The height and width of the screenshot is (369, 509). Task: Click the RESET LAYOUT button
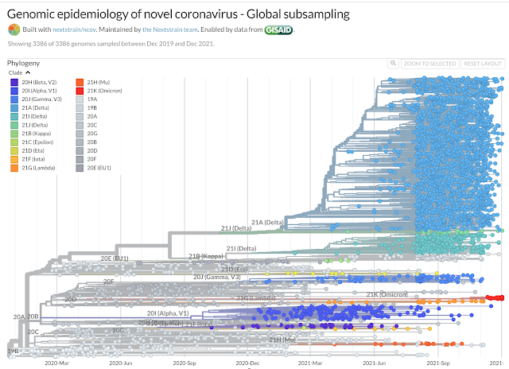click(x=483, y=64)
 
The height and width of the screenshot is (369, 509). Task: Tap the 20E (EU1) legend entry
click(x=99, y=169)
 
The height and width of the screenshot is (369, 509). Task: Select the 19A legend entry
click(x=91, y=99)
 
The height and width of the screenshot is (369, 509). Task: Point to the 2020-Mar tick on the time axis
click(x=59, y=362)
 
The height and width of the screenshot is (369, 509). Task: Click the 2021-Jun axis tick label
click(x=374, y=362)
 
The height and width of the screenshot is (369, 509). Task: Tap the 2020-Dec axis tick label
click(x=247, y=362)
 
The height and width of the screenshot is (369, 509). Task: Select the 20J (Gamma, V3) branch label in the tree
click(x=217, y=277)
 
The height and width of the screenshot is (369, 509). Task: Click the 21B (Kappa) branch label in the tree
click(x=205, y=256)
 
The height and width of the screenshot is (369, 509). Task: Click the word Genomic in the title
click(x=36, y=14)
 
